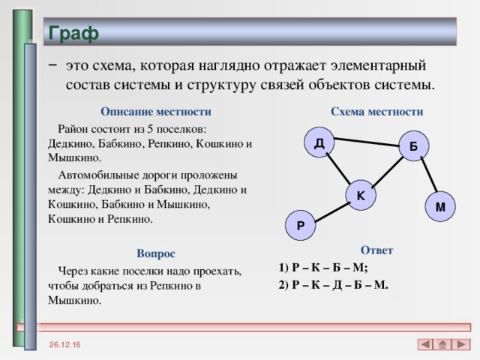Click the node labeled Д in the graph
319,142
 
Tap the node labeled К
361,195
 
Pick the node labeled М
439,205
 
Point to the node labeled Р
300,225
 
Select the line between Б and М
427,177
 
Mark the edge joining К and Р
331,210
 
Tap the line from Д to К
339,168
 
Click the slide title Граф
73,33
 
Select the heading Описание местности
155,112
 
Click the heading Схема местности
376,112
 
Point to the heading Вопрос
155,254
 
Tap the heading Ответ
376,250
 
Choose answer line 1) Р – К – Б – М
322,268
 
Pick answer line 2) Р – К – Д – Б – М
332,285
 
